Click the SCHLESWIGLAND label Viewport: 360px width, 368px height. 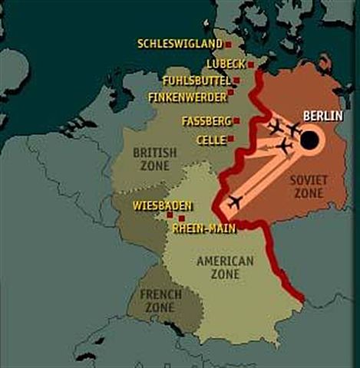(x=180, y=44)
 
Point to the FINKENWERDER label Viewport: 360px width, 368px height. (x=187, y=97)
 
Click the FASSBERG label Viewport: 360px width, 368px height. (x=205, y=121)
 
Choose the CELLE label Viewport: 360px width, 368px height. (x=210, y=140)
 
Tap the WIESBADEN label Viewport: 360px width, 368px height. (x=161, y=205)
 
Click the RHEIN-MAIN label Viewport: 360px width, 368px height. (x=203, y=228)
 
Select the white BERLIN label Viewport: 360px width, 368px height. (x=323, y=115)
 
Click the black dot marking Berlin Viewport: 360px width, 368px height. (x=309, y=140)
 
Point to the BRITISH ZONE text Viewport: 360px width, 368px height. (x=154, y=159)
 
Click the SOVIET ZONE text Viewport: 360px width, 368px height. (x=309, y=186)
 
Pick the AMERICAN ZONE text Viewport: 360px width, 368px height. (x=225, y=268)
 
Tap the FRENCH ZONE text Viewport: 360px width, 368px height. (x=160, y=300)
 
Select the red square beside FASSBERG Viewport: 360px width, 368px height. (x=236, y=121)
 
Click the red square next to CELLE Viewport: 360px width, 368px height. (x=231, y=140)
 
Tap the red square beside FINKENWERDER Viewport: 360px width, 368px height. (x=230, y=97)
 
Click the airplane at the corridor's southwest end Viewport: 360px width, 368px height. (x=235, y=202)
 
